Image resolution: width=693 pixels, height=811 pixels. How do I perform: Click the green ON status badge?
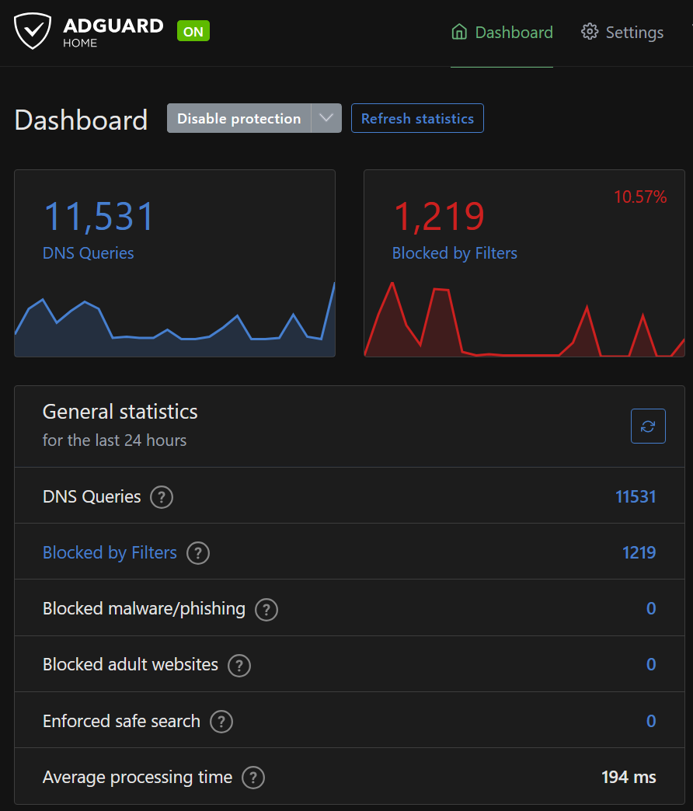(x=193, y=32)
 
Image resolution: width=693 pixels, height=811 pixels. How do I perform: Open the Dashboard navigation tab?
(x=503, y=33)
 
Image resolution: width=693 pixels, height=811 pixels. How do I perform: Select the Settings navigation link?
(x=622, y=33)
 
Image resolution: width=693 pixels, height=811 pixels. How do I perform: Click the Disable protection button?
(x=239, y=119)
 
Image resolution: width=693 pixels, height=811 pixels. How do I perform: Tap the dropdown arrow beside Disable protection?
(x=326, y=119)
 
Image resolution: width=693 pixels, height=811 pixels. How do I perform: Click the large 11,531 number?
(x=99, y=217)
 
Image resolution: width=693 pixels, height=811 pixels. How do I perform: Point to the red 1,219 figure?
(x=439, y=217)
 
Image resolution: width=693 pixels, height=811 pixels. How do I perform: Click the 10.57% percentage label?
(x=640, y=197)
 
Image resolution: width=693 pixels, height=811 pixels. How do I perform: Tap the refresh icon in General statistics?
(x=648, y=426)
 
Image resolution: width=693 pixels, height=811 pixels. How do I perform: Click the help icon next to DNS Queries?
(x=162, y=497)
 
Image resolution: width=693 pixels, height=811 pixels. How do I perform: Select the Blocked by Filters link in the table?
(x=110, y=553)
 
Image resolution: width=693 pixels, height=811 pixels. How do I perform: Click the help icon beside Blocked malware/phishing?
(x=266, y=609)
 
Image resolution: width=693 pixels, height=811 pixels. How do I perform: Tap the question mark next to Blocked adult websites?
(x=239, y=665)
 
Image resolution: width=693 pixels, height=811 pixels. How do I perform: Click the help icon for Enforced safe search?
(x=221, y=722)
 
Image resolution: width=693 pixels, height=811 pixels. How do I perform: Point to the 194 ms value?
(x=629, y=777)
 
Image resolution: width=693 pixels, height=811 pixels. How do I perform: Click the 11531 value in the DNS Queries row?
(x=636, y=497)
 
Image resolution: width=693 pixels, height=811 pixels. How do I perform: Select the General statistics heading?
(x=120, y=412)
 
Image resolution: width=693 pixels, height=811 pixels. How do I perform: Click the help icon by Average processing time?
(x=253, y=778)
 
